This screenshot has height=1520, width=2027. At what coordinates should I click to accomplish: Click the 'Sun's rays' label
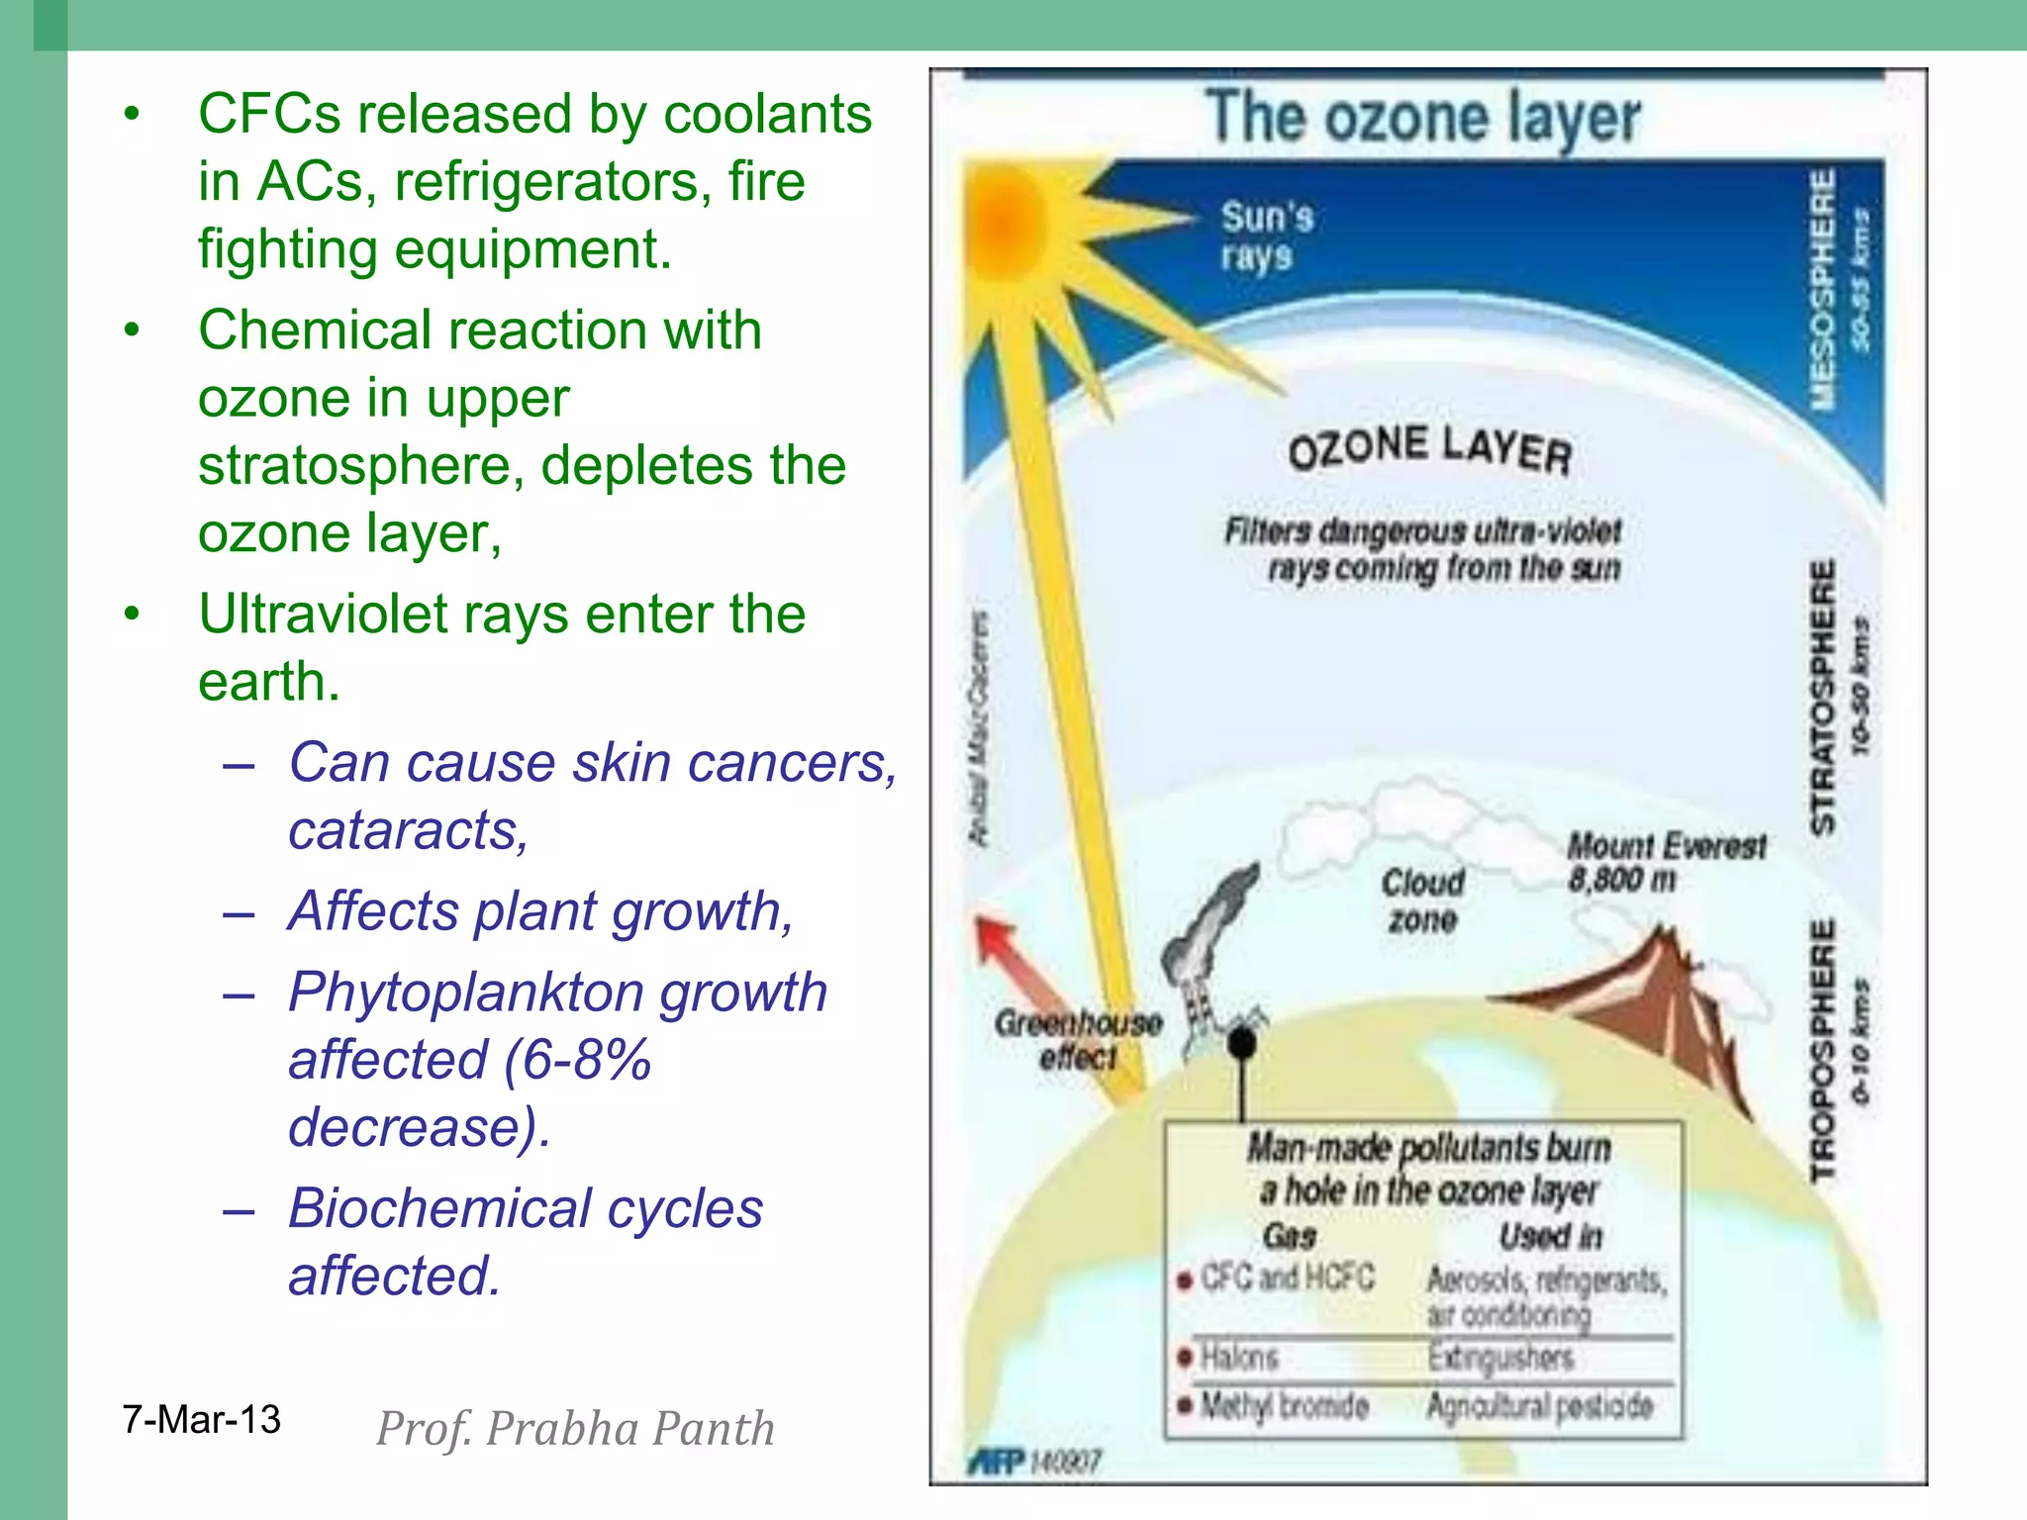pos(1265,236)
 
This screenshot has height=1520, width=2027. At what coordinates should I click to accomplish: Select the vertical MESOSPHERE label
pos(1821,289)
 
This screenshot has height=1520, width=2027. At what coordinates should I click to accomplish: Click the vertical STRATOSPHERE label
pos(1821,697)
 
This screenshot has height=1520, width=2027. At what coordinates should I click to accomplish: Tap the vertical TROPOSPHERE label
pos(1821,1051)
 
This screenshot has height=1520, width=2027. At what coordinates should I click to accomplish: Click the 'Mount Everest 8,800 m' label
pos(1665,862)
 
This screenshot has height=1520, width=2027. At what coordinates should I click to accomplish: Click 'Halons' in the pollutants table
pos(1238,1356)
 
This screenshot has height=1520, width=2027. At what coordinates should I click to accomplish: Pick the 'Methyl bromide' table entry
pos(1283,1405)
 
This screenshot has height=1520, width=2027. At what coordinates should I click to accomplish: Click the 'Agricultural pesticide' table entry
pos(1539,1405)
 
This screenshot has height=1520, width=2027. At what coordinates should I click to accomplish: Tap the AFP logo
pos(995,1462)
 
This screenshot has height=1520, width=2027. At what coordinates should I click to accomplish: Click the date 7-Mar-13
pos(201,1420)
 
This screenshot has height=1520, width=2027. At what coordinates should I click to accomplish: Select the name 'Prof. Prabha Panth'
pos(575,1429)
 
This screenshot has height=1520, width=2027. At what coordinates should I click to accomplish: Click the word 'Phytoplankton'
pos(464,993)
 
